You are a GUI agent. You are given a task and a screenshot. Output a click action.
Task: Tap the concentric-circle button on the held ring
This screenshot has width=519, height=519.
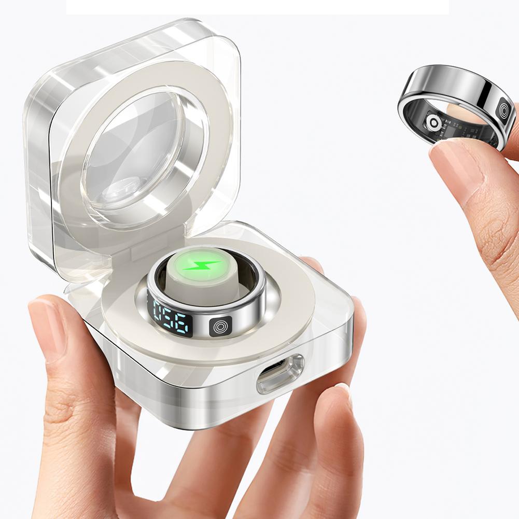[x=505, y=110]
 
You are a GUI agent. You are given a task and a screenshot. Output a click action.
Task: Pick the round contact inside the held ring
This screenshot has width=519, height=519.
[x=432, y=123]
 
